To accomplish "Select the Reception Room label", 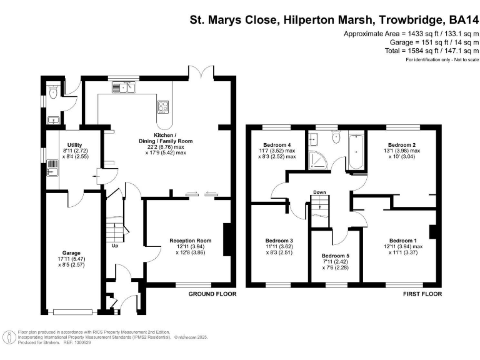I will point(191,241).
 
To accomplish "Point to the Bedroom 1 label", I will point(403,241).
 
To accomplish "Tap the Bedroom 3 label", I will point(279,241).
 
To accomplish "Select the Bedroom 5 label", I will point(336,256).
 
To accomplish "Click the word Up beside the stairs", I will point(114,246).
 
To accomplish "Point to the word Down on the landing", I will point(319,192).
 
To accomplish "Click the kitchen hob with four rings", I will point(164,106).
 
